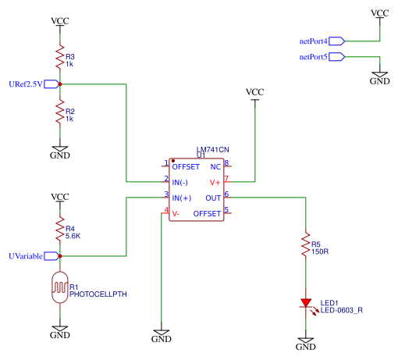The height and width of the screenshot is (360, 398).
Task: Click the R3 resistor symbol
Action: [60, 56]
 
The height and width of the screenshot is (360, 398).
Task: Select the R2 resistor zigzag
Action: [60, 111]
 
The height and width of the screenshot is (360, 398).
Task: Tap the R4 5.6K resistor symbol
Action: [60, 228]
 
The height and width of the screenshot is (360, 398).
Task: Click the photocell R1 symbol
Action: [60, 287]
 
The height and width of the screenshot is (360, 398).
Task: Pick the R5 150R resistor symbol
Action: [306, 244]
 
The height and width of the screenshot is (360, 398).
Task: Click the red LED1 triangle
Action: [306, 303]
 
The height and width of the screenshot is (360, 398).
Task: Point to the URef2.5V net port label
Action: [26, 84]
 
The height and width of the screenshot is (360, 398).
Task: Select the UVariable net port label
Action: [26, 256]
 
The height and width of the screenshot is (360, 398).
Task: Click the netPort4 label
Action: [313, 41]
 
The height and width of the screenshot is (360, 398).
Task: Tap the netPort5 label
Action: [313, 57]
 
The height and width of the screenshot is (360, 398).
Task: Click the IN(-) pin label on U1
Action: [179, 183]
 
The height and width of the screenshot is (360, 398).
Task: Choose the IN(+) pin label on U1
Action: [182, 198]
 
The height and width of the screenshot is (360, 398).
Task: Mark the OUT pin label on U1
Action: [213, 198]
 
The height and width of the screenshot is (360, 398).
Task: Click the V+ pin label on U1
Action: [215, 183]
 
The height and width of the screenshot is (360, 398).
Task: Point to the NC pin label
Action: [215, 167]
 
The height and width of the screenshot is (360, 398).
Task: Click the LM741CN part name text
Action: [213, 150]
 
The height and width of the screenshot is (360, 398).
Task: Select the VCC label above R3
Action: [60, 21]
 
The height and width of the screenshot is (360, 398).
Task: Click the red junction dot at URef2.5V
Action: [60, 84]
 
